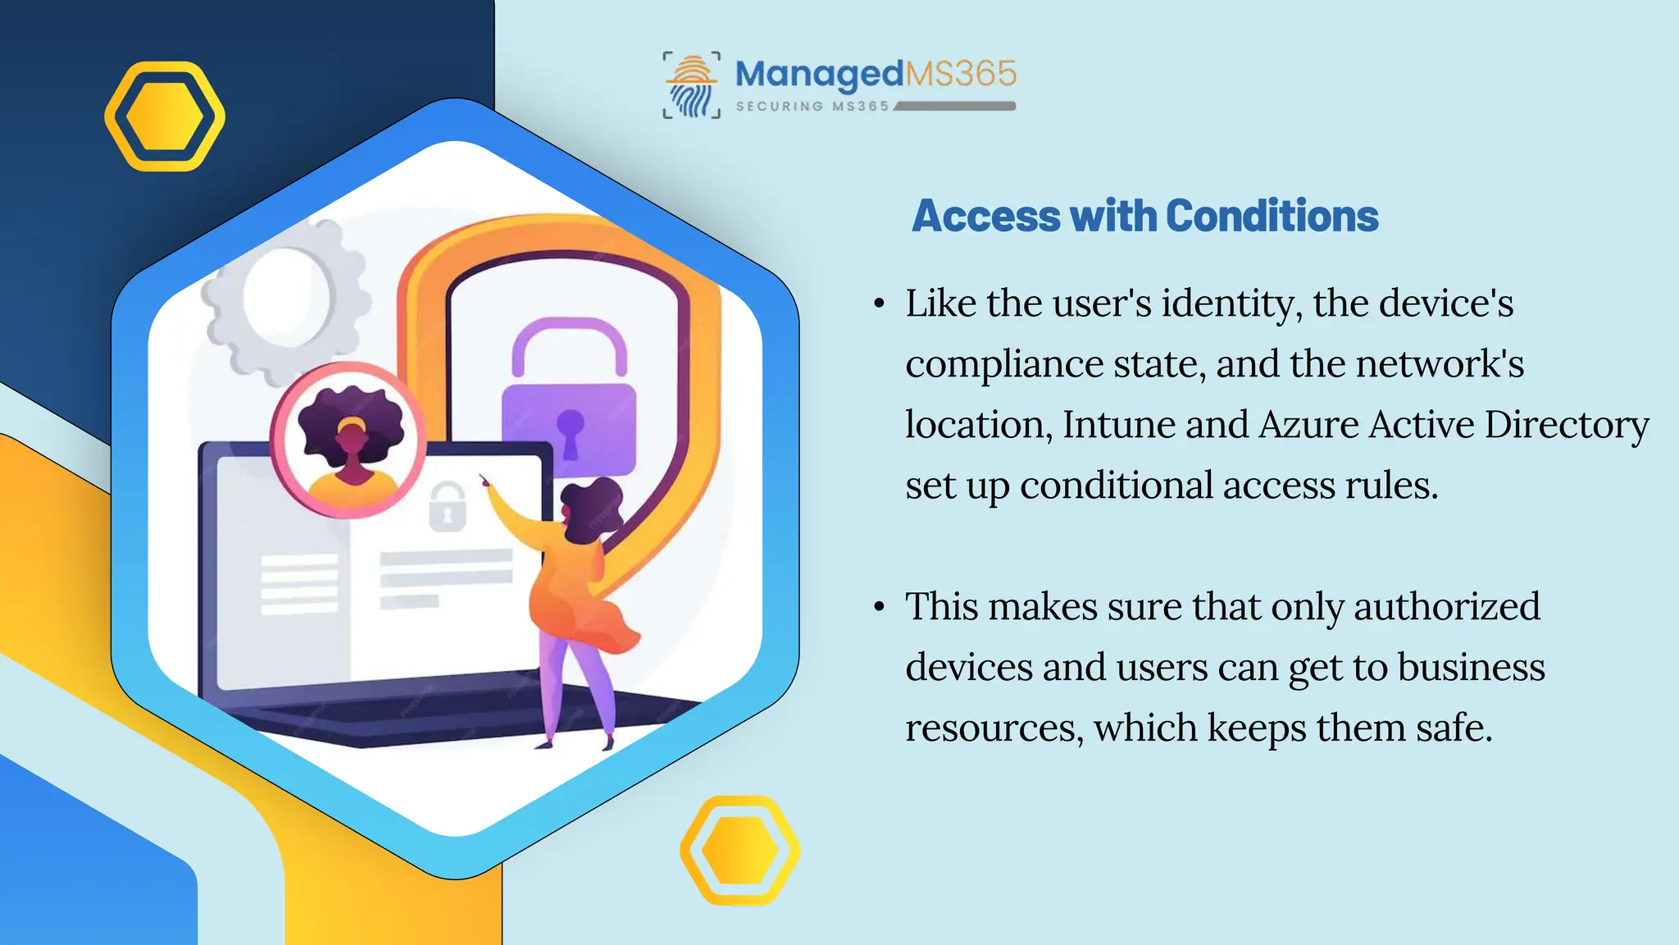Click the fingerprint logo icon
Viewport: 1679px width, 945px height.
pyautogui.click(x=691, y=85)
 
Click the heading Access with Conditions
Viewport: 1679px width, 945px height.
pyautogui.click(x=1144, y=217)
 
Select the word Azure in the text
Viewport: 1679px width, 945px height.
pyautogui.click(x=1308, y=425)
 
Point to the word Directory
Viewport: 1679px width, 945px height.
pyautogui.click(x=1566, y=425)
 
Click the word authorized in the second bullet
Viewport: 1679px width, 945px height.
pyautogui.click(x=1446, y=607)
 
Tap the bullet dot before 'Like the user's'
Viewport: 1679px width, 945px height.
pyautogui.click(x=879, y=304)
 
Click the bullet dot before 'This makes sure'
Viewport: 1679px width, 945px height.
pyautogui.click(x=879, y=608)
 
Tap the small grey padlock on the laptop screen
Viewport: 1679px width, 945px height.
pyautogui.click(x=448, y=508)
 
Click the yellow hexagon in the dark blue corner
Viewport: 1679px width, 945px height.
pyautogui.click(x=165, y=116)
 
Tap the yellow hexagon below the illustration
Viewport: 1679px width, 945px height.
pyautogui.click(x=739, y=851)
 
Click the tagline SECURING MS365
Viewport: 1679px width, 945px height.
pyautogui.click(x=812, y=107)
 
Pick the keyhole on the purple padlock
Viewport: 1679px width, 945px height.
pyautogui.click(x=570, y=431)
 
